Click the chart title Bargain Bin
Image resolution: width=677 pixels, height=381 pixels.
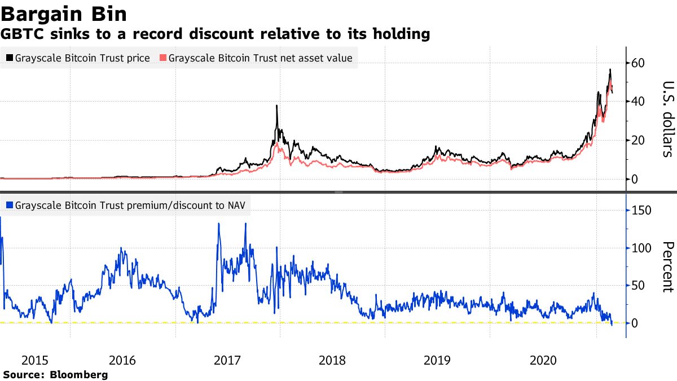[x=64, y=14]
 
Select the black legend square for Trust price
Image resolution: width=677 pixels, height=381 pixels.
[x=10, y=58]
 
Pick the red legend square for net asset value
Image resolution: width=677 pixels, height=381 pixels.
[x=164, y=58]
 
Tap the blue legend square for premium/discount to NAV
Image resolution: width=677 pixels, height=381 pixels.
[x=10, y=205]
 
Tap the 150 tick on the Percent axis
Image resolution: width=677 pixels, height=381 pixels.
[x=641, y=211]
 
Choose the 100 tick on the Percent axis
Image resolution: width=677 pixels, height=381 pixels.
[x=641, y=248]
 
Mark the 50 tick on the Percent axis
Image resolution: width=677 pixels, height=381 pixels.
[x=639, y=286]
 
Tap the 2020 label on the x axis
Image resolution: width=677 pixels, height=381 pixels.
[x=543, y=360]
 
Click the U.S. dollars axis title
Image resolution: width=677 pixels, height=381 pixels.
[x=667, y=119]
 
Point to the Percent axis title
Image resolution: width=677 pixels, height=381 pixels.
[x=667, y=267]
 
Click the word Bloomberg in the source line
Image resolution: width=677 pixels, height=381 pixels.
[x=79, y=374]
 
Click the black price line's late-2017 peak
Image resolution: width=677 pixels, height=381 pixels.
[x=276, y=106]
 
